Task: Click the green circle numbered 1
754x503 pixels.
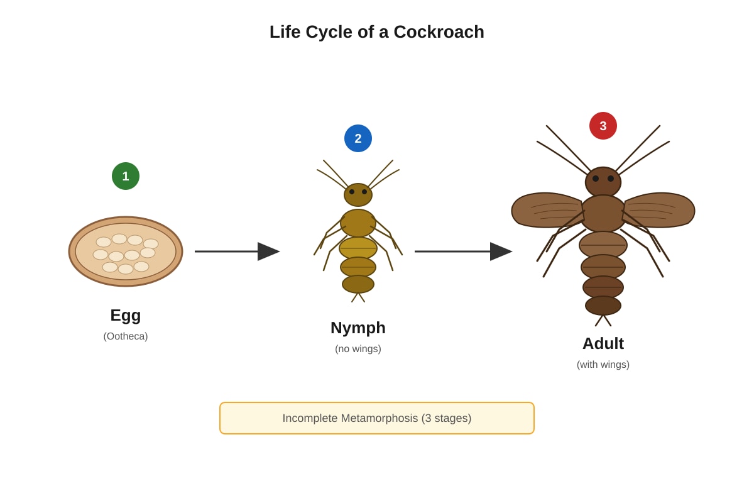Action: [126, 176]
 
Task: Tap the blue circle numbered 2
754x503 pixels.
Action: [358, 138]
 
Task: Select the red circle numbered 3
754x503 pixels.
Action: [603, 126]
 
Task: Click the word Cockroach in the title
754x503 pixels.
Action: [439, 32]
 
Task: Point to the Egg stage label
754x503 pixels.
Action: [126, 316]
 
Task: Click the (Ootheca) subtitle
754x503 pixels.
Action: [126, 336]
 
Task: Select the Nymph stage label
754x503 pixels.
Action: [358, 328]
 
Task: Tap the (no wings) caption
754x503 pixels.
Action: [358, 349]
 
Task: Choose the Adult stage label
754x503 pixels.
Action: [603, 344]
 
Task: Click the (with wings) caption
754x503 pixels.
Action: [603, 365]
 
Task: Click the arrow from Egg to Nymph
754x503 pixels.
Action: [238, 251]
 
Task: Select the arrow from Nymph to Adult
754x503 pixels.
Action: [464, 251]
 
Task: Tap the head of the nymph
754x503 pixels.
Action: [358, 195]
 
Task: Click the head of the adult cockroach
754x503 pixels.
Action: [603, 182]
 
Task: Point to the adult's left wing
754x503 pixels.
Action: [547, 210]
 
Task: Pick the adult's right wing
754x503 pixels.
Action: [659, 210]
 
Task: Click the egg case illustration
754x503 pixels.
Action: [126, 251]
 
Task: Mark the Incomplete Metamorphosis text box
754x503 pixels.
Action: [377, 418]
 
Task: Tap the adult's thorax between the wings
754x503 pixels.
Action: [603, 213]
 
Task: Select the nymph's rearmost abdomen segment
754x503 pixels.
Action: [358, 284]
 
